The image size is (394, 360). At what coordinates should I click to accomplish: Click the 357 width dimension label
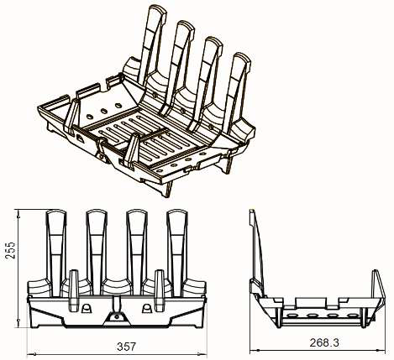click(x=126, y=347)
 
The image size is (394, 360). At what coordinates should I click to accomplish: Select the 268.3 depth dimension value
click(x=324, y=342)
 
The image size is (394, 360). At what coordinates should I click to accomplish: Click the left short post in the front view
click(x=74, y=291)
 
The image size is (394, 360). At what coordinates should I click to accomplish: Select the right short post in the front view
click(x=160, y=291)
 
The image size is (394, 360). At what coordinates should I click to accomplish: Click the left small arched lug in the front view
click(x=87, y=308)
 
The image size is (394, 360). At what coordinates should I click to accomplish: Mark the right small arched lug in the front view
click(x=147, y=308)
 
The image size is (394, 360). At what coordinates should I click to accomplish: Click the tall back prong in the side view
click(x=257, y=252)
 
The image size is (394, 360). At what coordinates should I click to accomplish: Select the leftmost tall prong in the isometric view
click(x=152, y=44)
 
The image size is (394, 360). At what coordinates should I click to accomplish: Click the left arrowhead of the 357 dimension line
click(x=29, y=354)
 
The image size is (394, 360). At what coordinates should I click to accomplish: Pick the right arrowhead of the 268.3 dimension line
click(x=383, y=350)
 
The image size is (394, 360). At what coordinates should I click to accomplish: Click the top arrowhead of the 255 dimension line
click(x=18, y=212)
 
